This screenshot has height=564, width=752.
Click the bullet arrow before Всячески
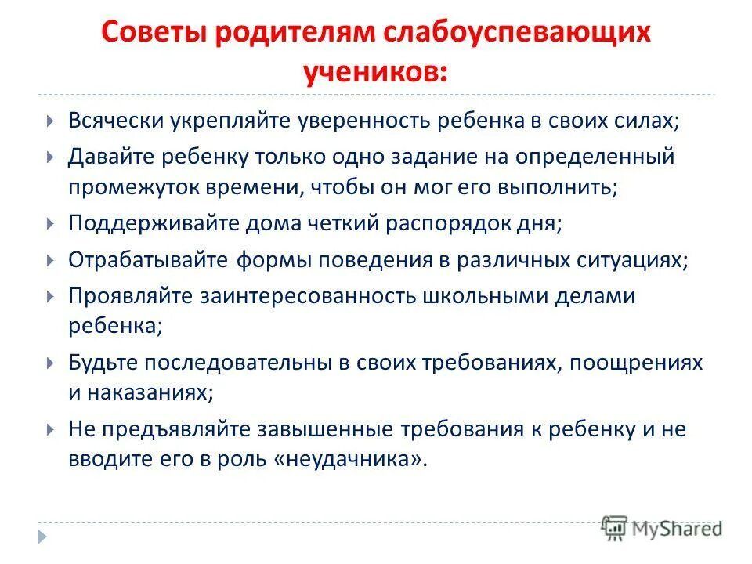point(49,122)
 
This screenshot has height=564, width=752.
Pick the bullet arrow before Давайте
point(49,157)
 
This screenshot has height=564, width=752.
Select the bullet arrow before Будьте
point(49,363)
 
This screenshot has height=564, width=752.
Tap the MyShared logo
point(662,527)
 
